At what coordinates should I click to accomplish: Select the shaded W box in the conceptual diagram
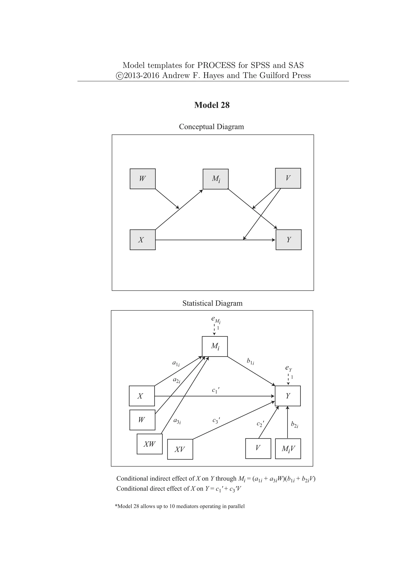point(142,179)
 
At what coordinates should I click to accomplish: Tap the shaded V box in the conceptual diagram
point(288,178)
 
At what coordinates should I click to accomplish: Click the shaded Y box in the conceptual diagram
point(288,240)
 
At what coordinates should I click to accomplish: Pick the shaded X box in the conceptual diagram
point(142,240)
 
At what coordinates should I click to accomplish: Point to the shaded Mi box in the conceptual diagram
point(216,179)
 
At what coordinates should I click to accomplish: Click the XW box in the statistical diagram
point(149,444)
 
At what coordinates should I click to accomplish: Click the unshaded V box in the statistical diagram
point(258,449)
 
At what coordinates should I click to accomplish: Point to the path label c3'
point(216,420)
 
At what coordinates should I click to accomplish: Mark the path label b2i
point(294,424)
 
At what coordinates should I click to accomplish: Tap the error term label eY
point(288,368)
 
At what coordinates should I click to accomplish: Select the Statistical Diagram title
point(212,303)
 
